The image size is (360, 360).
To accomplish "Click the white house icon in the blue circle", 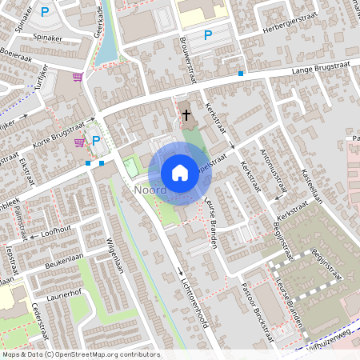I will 179,173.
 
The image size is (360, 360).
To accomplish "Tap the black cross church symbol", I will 186,115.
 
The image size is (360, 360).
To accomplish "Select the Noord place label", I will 150,190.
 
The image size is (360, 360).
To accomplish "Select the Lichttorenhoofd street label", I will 186,286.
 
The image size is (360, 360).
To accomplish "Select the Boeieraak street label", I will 21,57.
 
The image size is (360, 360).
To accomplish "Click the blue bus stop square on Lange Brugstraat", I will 241,74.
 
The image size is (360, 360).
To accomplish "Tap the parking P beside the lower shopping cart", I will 96,141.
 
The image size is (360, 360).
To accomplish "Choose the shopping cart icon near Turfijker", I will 78,77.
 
